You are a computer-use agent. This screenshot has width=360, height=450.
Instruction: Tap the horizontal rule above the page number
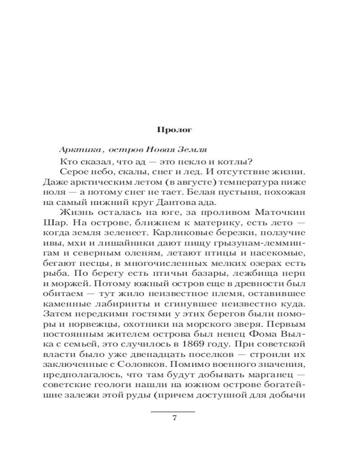pos(173,411)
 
